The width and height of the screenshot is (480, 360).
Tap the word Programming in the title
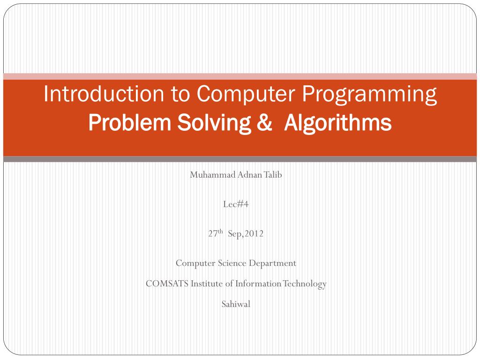(x=369, y=95)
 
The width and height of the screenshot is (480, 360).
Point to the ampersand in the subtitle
(x=264, y=123)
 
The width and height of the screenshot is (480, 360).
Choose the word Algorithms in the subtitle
(x=337, y=123)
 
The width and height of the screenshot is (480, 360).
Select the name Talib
(x=273, y=175)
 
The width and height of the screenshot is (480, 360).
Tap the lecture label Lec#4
(x=236, y=204)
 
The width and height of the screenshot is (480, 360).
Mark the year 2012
(x=254, y=233)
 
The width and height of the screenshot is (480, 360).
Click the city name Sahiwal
(x=236, y=304)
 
